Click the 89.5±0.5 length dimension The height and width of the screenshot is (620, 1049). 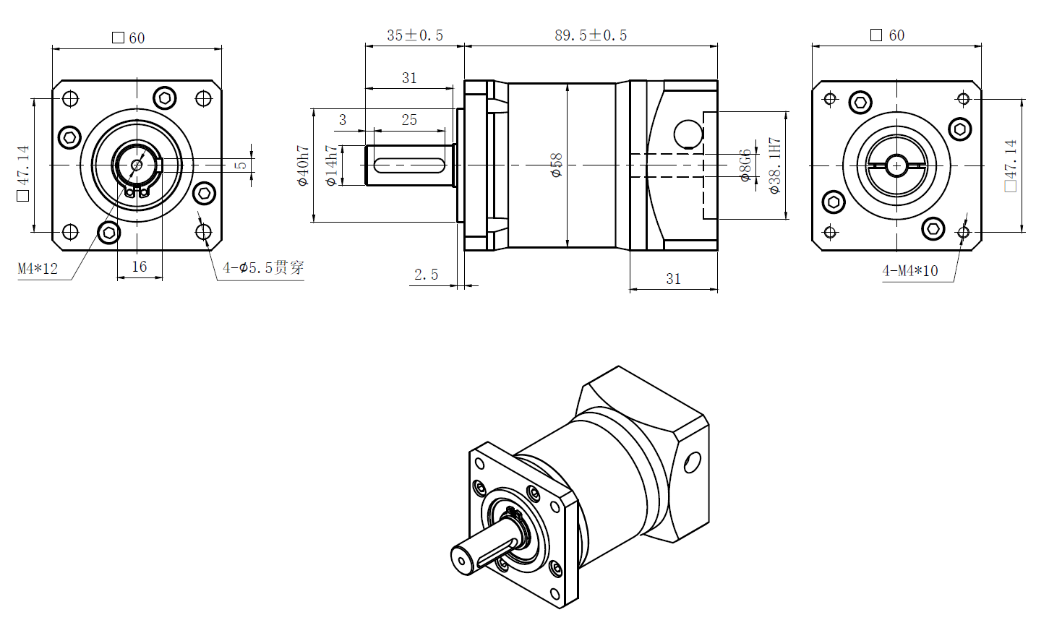591,35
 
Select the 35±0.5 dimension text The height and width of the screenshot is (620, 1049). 414,35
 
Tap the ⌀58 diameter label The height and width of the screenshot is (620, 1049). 556,165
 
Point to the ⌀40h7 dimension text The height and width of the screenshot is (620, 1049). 304,165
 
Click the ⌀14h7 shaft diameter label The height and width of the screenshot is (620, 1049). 332,165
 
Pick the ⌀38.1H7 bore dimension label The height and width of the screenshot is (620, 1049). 775,165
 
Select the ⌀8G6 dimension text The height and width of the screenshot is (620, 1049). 745,165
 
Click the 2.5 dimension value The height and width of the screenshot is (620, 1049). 426,275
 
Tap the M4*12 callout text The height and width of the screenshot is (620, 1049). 38,269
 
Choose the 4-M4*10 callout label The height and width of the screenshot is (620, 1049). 909,271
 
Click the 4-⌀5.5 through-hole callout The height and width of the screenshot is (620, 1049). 263,268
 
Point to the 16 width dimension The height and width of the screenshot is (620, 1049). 139,267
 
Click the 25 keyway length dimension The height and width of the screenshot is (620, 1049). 409,120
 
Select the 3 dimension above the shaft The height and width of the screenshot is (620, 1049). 343,120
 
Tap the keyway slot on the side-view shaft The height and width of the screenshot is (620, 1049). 409,165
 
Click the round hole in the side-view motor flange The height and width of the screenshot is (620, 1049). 688,134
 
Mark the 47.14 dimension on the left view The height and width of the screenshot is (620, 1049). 23,171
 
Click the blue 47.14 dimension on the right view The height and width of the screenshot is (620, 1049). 1011,165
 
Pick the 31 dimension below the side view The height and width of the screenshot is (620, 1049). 673,279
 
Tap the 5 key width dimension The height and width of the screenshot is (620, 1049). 241,165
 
